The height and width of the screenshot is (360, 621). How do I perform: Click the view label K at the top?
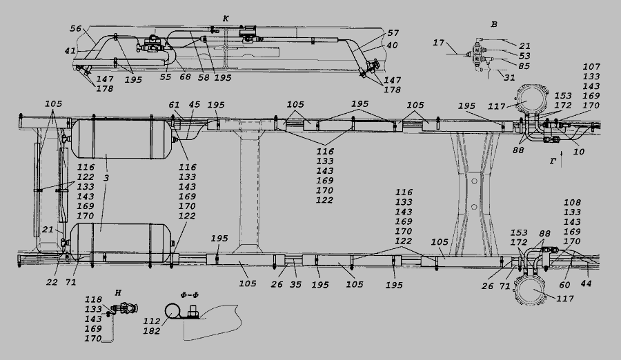[x=226, y=19]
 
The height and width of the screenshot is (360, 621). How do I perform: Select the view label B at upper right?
[x=494, y=25]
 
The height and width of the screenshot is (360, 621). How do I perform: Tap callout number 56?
[x=76, y=28]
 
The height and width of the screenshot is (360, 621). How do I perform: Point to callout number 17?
[x=438, y=42]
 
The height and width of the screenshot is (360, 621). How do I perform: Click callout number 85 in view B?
[x=524, y=66]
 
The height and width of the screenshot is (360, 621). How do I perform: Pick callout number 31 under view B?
[x=509, y=78]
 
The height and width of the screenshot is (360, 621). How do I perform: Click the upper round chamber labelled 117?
[x=531, y=100]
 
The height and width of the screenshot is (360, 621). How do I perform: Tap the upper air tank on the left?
[x=121, y=139]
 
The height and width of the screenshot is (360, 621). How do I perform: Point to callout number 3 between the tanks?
[x=106, y=178]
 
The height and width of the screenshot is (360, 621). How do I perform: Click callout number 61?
[x=175, y=105]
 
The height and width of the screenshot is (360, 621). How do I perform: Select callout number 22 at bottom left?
[x=52, y=282]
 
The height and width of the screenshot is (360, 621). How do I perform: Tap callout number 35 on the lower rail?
[x=295, y=284]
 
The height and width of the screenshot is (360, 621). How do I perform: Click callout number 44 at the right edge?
[x=586, y=283]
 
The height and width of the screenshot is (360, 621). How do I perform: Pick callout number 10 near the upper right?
[x=579, y=151]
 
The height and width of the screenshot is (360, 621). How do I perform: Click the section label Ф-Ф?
[x=189, y=295]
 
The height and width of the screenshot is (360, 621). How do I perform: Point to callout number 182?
[x=151, y=331]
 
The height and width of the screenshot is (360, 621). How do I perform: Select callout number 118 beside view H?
[x=93, y=300]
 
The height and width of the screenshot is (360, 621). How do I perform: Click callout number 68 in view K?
[x=185, y=77]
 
